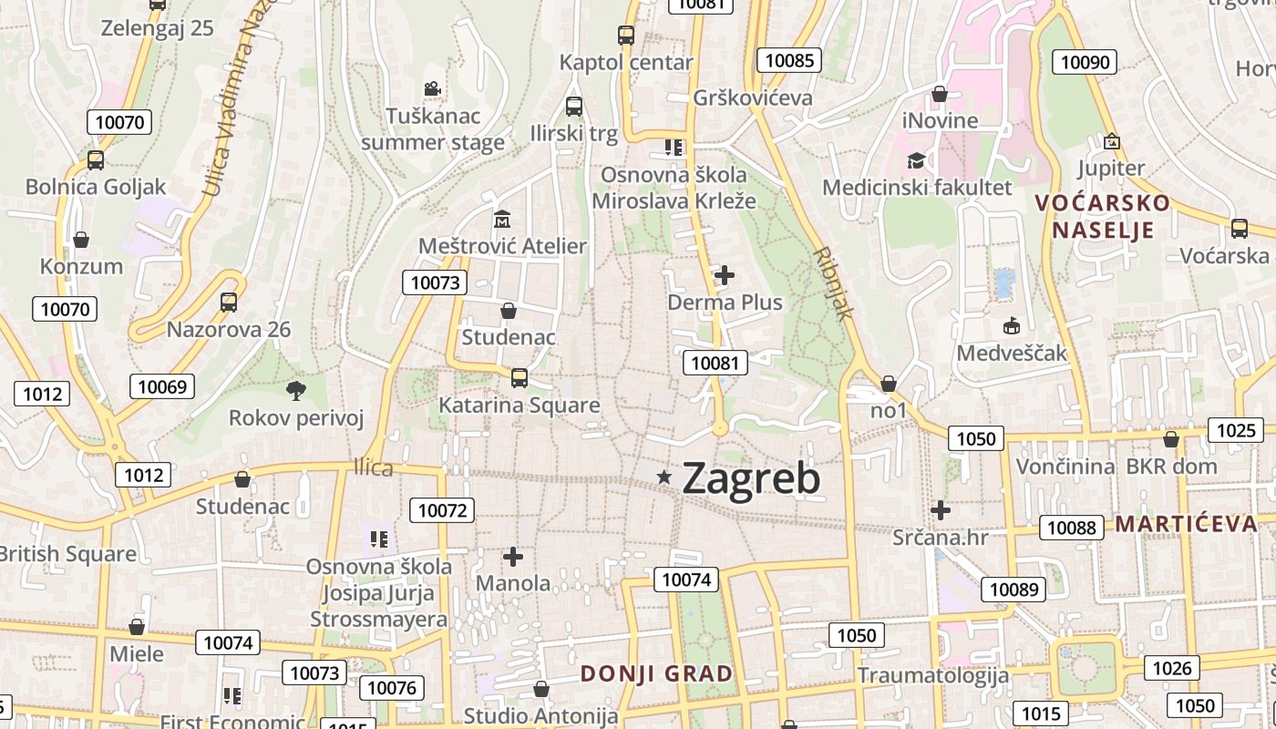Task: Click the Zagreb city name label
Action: pos(751,478)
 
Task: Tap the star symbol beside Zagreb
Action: pos(664,477)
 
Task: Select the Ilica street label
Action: pos(374,468)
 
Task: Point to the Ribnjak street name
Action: pos(833,282)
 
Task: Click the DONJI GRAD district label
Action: pos(657,674)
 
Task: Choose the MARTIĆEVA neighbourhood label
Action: pos(1186,524)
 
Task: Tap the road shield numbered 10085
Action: pos(789,61)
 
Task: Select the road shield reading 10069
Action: pos(161,386)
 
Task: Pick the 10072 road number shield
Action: pos(442,510)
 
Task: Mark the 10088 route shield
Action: pos(1072,528)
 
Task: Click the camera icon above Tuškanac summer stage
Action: pos(432,89)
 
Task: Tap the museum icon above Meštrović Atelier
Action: pos(502,220)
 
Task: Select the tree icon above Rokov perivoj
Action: pos(295,391)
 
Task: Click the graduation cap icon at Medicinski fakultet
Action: pos(916,161)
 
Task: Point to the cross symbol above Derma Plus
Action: pos(725,274)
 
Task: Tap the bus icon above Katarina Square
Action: pos(520,377)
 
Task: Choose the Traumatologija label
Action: pos(932,675)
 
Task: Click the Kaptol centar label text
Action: pos(626,63)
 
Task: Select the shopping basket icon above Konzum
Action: pos(81,240)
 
